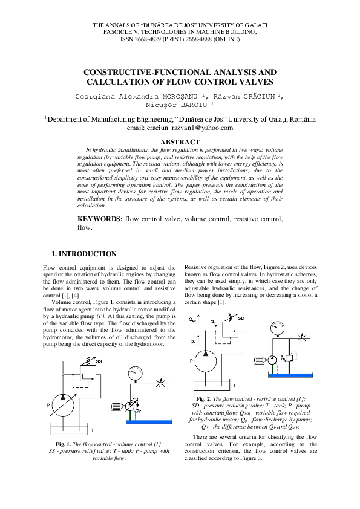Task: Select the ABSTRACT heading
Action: [x=180, y=143]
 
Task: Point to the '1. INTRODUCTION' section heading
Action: [x=84, y=254]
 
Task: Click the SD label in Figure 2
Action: [x=240, y=318]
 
